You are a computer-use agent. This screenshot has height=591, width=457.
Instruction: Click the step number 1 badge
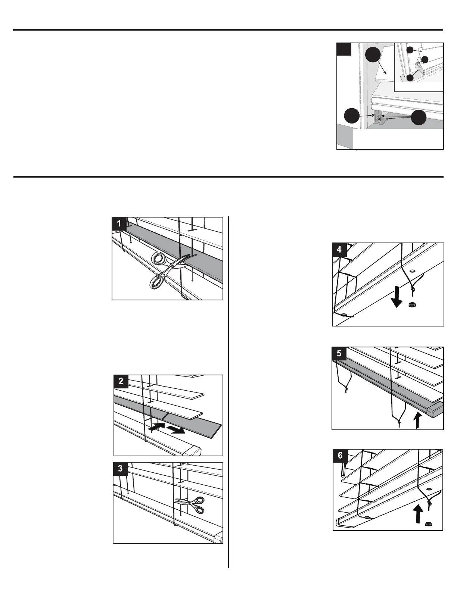tap(119, 223)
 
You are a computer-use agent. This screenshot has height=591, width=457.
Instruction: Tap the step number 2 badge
tap(121, 382)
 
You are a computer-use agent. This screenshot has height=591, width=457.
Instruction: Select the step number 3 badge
tap(120, 468)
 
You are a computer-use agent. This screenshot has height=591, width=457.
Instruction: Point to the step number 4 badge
tap(339, 249)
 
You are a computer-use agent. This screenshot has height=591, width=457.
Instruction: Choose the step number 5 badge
tap(339, 353)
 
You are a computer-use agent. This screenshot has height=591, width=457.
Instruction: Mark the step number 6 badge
tap(340, 456)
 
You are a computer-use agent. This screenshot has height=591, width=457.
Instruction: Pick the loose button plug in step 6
tap(428, 524)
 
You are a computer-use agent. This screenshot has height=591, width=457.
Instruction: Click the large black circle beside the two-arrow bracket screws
tap(419, 118)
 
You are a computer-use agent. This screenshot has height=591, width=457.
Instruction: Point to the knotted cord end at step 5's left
tap(346, 390)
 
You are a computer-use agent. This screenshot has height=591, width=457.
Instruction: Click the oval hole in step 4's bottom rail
tap(412, 271)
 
